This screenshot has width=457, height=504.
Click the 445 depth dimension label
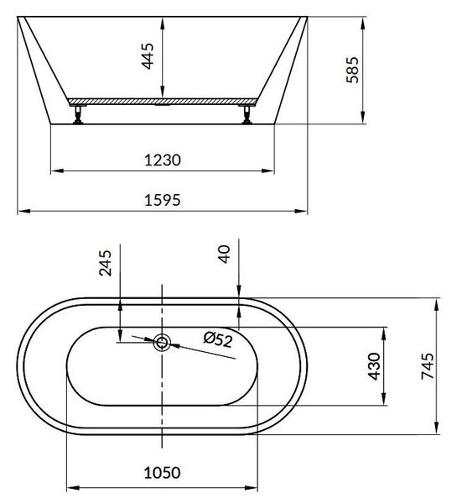(148, 56)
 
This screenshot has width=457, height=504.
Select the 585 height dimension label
(352, 70)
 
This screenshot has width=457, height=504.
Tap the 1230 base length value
(163, 160)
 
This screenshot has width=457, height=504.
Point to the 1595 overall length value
(163, 200)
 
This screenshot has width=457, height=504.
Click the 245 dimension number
(106, 263)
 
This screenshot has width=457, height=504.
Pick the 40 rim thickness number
(224, 254)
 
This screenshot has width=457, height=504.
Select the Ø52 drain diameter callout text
(218, 339)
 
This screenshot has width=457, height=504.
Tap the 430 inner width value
(374, 366)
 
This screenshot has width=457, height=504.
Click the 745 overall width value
(428, 366)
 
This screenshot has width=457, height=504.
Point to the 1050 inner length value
(162, 472)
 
